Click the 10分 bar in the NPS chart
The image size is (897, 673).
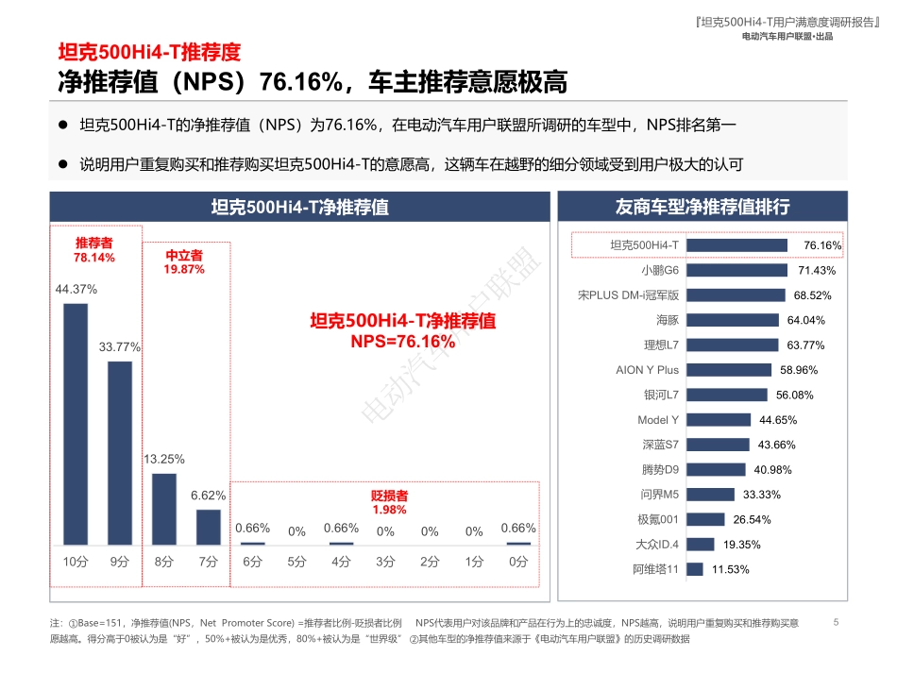point(76,424)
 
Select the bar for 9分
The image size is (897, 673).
point(120,452)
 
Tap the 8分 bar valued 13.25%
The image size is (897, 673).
point(164,509)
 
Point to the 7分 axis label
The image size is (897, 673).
point(208,562)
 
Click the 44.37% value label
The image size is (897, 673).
point(76,289)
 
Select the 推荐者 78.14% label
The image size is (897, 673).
point(94,250)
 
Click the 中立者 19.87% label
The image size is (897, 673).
point(184,262)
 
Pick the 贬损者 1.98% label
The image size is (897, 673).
point(389,502)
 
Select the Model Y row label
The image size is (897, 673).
point(658,420)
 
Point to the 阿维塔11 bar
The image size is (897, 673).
point(694,569)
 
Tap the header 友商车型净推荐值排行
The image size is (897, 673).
point(702,207)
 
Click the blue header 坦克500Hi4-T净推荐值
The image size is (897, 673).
point(299,207)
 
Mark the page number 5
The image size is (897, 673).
point(837,622)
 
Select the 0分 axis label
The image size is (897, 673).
point(518,562)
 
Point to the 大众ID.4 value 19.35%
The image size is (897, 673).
point(742,545)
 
